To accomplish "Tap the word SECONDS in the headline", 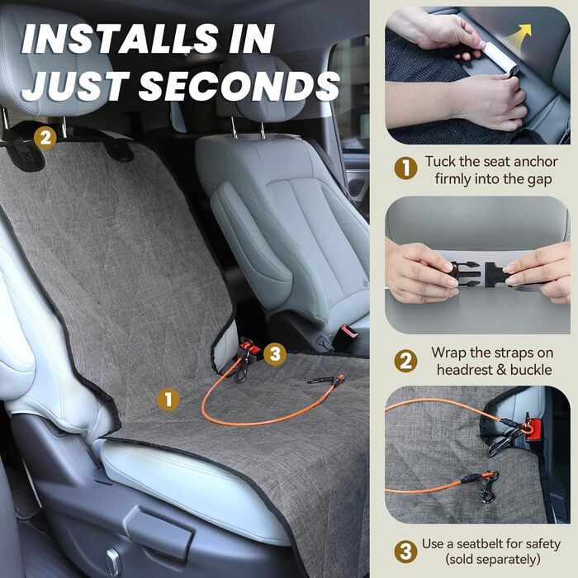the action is (239, 86).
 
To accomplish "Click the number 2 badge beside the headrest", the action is (45, 138).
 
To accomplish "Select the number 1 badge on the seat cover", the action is (168, 399).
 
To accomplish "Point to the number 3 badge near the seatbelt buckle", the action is (275, 354).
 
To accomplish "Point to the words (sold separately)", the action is (492, 560).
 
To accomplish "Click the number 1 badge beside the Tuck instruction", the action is (405, 168).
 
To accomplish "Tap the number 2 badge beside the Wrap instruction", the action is (405, 361).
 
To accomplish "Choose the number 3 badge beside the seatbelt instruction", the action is (405, 552).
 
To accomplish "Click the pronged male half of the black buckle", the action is (464, 275).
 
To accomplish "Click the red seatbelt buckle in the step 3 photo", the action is (533, 427).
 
